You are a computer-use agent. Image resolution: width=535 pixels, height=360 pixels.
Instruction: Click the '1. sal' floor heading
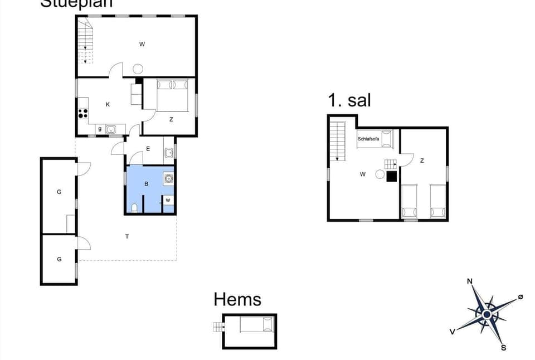(349, 100)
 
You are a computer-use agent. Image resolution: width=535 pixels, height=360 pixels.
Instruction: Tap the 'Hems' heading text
(237, 299)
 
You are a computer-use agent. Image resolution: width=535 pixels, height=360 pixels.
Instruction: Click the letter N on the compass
(470, 281)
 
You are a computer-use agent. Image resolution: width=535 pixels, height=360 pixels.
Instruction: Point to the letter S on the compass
(503, 348)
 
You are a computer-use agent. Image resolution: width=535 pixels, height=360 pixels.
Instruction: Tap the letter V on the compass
(453, 332)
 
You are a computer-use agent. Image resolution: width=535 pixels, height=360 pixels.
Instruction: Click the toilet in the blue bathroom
(135, 208)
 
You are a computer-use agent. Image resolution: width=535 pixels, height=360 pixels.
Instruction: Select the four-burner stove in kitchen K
(83, 113)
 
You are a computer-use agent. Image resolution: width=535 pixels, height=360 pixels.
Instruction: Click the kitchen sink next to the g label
(111, 130)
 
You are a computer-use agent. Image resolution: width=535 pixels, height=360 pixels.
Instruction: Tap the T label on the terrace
(127, 237)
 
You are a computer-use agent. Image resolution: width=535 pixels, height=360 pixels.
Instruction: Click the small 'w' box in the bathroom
(168, 201)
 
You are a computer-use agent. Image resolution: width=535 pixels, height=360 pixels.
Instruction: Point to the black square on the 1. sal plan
(392, 176)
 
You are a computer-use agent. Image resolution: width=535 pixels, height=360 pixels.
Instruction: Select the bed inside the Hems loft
(257, 324)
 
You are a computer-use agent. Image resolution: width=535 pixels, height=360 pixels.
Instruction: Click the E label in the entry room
(148, 149)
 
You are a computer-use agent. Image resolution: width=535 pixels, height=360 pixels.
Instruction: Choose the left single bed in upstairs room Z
(410, 202)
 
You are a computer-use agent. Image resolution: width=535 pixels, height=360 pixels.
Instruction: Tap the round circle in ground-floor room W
(138, 69)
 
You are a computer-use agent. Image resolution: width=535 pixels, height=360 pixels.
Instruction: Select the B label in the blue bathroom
(146, 183)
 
